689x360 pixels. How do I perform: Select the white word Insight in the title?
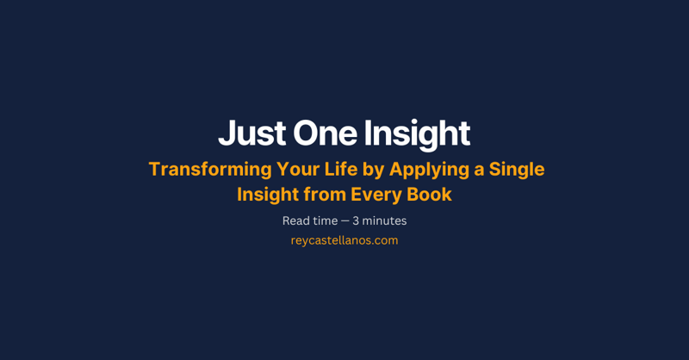coord(416,133)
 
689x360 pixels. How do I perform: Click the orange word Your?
coord(299,170)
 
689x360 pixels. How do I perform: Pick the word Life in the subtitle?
coord(349,169)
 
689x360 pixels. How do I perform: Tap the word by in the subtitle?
coord(385,170)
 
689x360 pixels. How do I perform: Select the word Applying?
coord(439,170)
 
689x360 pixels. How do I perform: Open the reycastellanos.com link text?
coord(344,241)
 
